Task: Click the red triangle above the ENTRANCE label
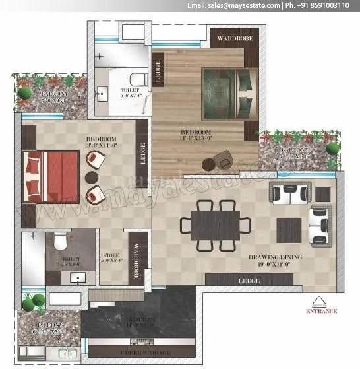[321, 299]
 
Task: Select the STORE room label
[111, 254]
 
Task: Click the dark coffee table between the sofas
[289, 228]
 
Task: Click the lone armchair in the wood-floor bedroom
[222, 159]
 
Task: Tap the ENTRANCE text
[321, 310]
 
